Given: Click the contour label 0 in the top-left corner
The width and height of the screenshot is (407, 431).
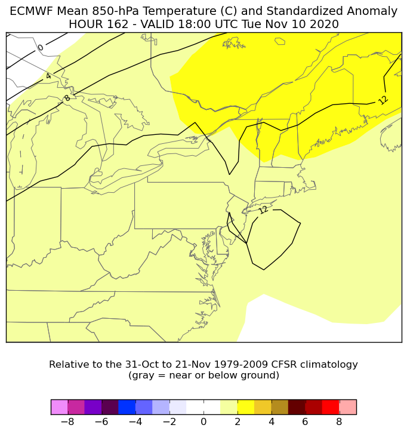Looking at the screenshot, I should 41,48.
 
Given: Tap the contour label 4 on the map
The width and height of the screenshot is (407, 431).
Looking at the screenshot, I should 48,76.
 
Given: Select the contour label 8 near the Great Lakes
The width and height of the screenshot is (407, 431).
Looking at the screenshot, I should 67,98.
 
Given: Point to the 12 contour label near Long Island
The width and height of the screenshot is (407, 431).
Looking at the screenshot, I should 263,210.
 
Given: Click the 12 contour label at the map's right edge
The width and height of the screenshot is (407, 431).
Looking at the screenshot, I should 383,100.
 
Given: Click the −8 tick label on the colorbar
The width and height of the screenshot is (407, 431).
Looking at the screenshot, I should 67,422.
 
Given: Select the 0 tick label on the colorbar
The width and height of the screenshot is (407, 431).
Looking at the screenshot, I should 203,422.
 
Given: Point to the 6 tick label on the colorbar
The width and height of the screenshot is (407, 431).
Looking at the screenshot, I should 306,422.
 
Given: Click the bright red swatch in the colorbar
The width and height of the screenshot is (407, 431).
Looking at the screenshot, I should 331,407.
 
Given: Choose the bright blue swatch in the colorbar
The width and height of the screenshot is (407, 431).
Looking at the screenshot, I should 127,407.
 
